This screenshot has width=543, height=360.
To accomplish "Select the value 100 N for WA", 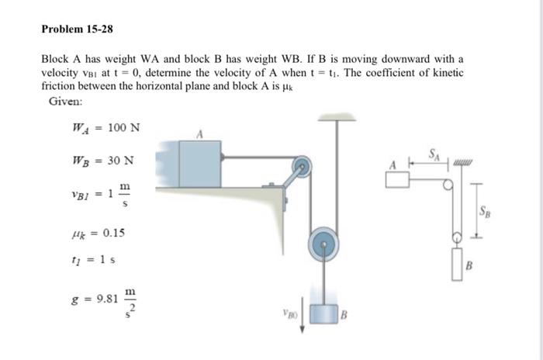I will click(x=123, y=127).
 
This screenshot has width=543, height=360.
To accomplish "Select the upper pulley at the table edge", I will click(x=303, y=165).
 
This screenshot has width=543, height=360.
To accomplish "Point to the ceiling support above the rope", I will click(x=336, y=117).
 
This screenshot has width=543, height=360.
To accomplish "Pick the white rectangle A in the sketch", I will click(x=397, y=179).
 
